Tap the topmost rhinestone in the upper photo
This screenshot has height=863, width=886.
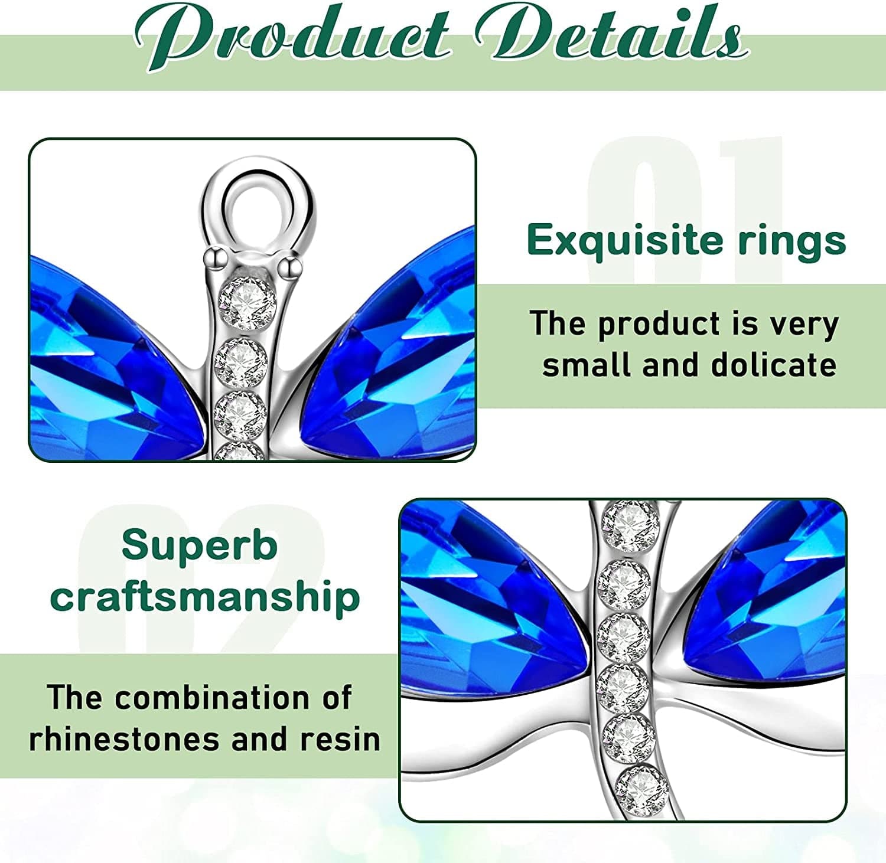pyautogui.click(x=248, y=303)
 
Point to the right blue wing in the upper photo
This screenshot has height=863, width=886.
pyautogui.click(x=396, y=354)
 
